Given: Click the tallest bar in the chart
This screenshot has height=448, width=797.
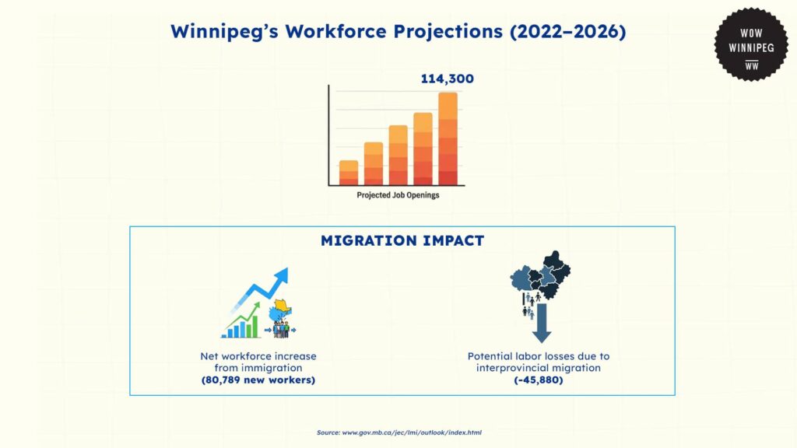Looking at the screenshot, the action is click(x=448, y=138).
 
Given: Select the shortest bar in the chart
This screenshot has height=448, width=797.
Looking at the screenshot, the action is click(x=349, y=173).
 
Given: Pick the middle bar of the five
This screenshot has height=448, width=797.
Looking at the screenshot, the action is click(x=398, y=155).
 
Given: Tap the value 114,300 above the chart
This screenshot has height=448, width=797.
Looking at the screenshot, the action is click(x=448, y=79).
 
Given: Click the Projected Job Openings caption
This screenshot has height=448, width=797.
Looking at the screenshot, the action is click(x=398, y=195).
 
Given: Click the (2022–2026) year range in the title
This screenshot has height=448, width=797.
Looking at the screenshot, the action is click(x=567, y=31).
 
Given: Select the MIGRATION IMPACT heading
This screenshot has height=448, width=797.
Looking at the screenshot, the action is click(x=402, y=240).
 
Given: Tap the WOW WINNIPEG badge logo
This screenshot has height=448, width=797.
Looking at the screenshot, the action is click(x=751, y=44).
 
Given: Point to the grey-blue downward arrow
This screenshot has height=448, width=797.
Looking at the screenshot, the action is click(x=542, y=323).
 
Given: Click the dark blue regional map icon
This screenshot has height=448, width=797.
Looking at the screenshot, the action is click(x=540, y=275).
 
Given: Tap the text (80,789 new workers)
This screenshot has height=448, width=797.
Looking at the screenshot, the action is click(x=258, y=380).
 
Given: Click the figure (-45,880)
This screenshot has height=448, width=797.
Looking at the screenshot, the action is click(x=539, y=380).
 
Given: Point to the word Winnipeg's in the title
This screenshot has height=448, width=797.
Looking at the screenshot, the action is click(x=225, y=31).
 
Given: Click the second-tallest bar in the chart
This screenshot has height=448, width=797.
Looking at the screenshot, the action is click(x=423, y=149).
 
